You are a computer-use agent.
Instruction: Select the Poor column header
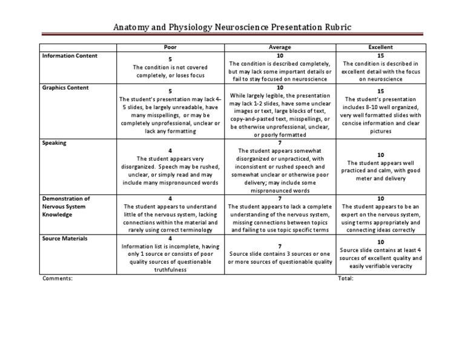(170, 47)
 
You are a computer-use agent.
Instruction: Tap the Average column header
(280, 47)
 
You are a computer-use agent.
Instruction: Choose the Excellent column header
(380, 47)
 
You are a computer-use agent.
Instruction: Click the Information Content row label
(70, 56)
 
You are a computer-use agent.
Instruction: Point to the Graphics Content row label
(65, 87)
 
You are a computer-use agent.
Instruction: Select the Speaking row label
(54, 143)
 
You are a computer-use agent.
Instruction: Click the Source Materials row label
(65, 238)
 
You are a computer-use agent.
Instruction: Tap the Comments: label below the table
(58, 278)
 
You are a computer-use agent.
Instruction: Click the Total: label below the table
(345, 278)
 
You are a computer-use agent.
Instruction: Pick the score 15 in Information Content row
(380, 55)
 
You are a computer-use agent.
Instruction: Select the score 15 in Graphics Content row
(380, 91)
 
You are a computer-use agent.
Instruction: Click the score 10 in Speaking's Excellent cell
(380, 155)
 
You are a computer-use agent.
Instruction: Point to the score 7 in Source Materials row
(280, 246)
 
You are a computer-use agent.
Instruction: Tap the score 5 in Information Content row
(170, 59)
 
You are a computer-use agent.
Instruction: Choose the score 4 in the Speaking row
(170, 151)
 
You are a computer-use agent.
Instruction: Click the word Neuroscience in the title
(246, 28)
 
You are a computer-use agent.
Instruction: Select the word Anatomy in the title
(134, 28)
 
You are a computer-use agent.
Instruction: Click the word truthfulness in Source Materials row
(170, 270)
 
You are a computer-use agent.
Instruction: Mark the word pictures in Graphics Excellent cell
(380, 130)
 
